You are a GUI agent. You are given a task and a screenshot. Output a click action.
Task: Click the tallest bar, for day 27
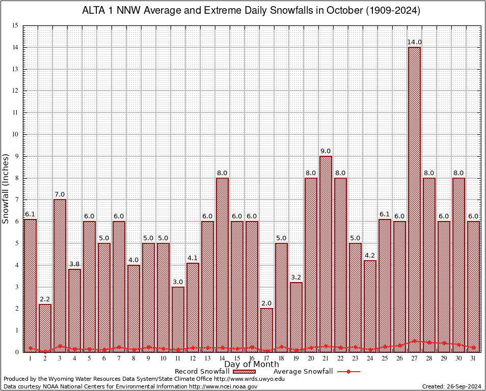[x=414, y=199]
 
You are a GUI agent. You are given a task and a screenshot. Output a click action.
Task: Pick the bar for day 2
[x=45, y=328]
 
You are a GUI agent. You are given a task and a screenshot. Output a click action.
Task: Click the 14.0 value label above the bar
[x=414, y=42]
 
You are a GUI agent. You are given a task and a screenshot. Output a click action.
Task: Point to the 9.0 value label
[x=326, y=151]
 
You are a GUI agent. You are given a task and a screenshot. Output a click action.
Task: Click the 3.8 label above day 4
[x=75, y=264]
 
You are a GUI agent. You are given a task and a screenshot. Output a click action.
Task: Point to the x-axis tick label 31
[x=473, y=359]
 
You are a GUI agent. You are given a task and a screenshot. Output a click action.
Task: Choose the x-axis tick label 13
[x=207, y=359]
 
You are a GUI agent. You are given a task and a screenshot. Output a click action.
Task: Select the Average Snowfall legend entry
[x=316, y=372]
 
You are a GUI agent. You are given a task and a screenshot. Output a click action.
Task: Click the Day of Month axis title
[x=252, y=364]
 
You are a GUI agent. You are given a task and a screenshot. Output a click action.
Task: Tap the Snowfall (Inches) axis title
[x=6, y=188]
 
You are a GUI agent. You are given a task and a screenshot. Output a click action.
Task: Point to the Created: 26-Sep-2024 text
[x=451, y=386]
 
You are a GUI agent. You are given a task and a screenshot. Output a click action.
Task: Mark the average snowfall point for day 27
[x=414, y=341]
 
